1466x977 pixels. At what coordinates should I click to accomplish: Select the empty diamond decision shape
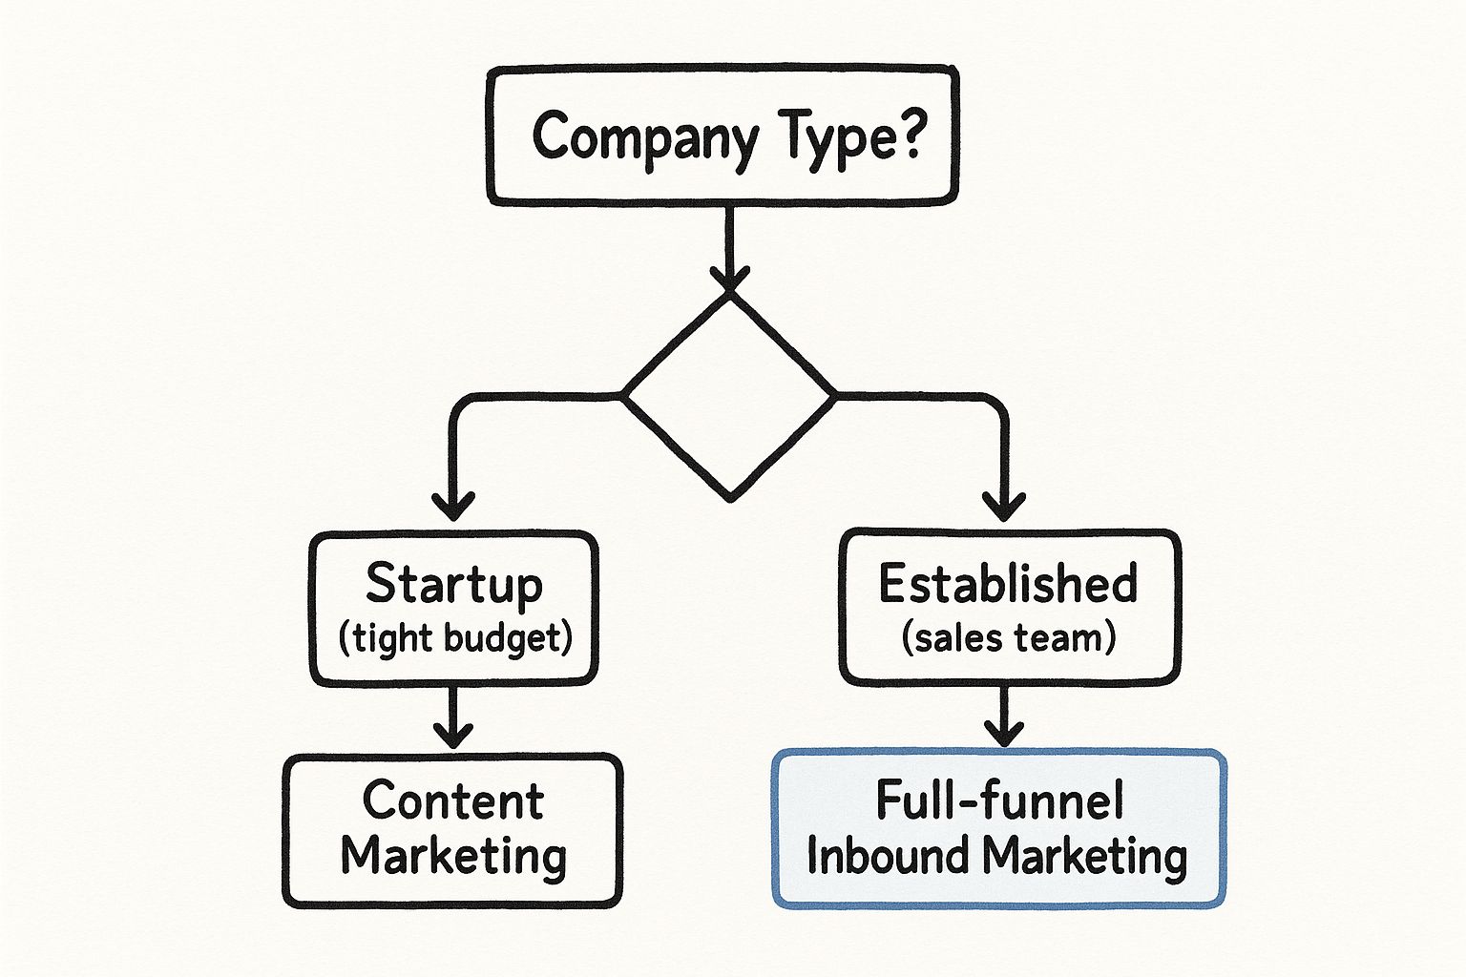click(730, 395)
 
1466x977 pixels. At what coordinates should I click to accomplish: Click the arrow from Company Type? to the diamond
click(730, 243)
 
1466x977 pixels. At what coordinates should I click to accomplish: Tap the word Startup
click(454, 584)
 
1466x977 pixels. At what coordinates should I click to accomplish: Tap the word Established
click(1008, 584)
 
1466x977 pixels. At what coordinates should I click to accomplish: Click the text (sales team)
click(1009, 637)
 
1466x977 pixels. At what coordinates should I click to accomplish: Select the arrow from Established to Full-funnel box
click(1003, 717)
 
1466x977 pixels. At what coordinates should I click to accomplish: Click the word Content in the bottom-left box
click(453, 800)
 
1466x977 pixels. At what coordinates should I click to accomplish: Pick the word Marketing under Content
click(453, 856)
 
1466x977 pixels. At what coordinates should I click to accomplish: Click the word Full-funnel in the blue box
click(999, 800)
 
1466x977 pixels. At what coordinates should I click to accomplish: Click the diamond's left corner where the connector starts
click(625, 394)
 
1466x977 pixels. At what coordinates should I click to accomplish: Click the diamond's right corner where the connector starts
click(834, 394)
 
